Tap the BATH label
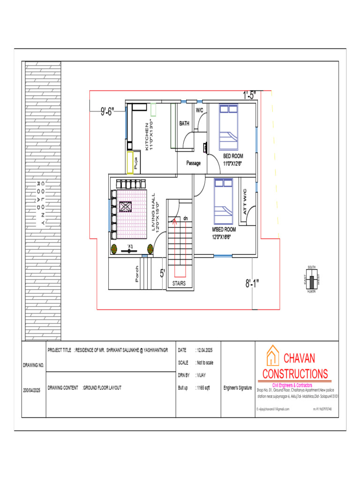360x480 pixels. pyautogui.click(x=184, y=124)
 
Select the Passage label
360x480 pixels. pyautogui.click(x=193, y=163)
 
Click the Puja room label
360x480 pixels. pyautogui.click(x=135, y=164)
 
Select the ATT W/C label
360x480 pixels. pyautogui.click(x=245, y=202)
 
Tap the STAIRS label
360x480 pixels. pyautogui.click(x=179, y=284)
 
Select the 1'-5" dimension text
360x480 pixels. pyautogui.click(x=249, y=95)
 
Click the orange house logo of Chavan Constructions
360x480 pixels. pyautogui.click(x=272, y=357)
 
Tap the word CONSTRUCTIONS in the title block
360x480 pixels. pyautogui.click(x=295, y=374)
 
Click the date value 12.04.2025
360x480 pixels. pyautogui.click(x=204, y=350)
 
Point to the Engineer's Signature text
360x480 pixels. pyautogui.click(x=238, y=388)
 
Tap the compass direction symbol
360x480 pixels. pyautogui.click(x=311, y=279)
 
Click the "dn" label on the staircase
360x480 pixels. pyautogui.click(x=185, y=218)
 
